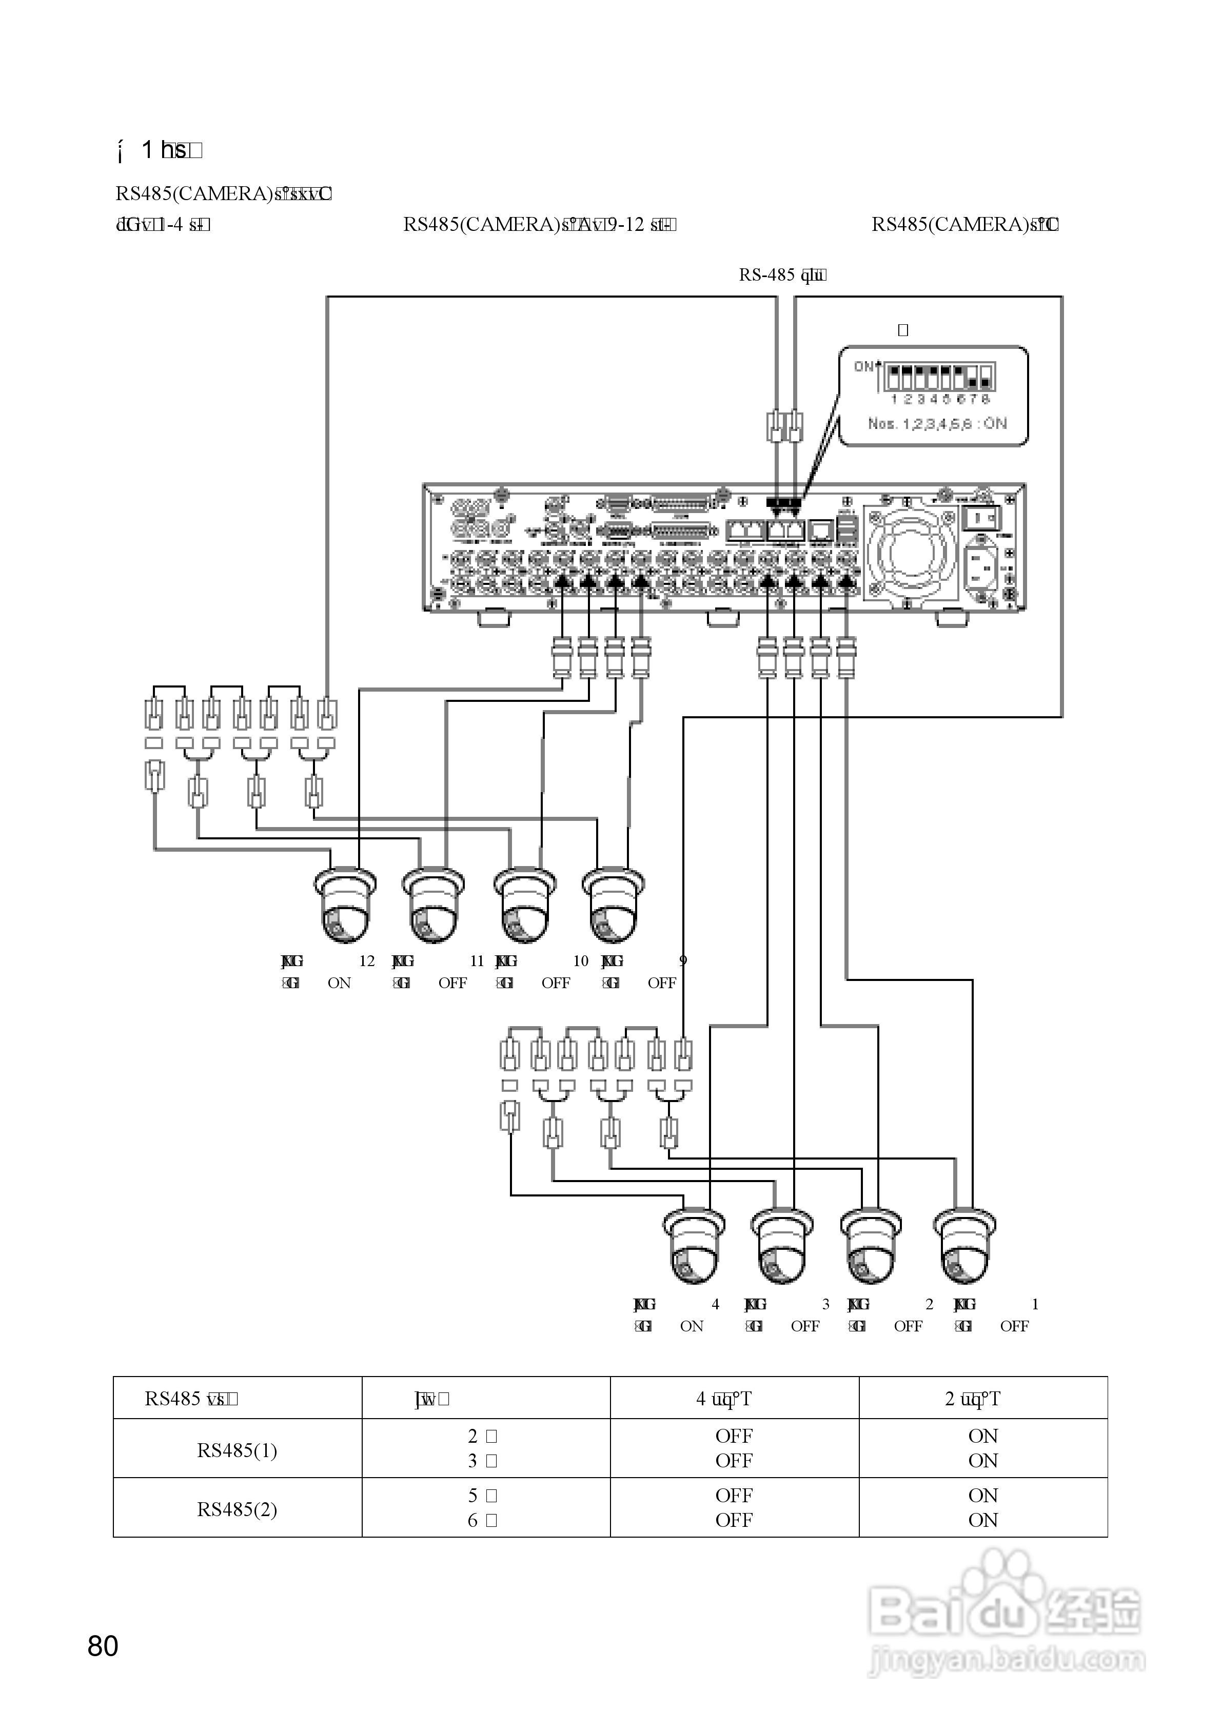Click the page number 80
[103, 1646]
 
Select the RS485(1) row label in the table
[237, 1450]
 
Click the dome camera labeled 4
[694, 1247]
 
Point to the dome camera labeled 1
[965, 1247]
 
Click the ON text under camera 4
[691, 1326]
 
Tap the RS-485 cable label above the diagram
[782, 276]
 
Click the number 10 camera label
[580, 961]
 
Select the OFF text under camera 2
[908, 1326]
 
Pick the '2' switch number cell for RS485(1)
[482, 1436]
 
